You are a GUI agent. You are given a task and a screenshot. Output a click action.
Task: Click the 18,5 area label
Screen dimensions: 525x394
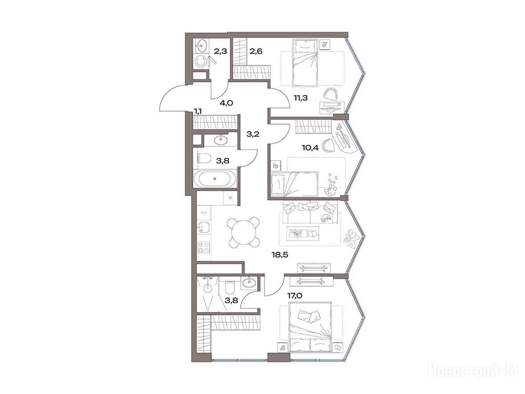pos(279,255)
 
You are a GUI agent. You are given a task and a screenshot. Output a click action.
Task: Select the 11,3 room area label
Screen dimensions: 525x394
pos(301,98)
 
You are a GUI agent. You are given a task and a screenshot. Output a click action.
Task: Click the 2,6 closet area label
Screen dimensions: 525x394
pos(256,51)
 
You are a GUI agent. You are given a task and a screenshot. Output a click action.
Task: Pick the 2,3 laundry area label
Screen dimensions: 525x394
pos(220,51)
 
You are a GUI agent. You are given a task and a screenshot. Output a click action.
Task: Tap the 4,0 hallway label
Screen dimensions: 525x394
pos(226,103)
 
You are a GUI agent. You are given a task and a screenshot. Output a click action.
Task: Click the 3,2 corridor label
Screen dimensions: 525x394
pos(253,134)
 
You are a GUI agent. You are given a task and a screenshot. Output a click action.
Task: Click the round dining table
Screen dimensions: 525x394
pos(243,232)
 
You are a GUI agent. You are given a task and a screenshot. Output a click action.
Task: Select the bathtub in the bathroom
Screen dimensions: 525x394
pos(215,178)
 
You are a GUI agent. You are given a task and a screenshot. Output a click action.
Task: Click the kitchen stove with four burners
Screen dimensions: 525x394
pos(204,247)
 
